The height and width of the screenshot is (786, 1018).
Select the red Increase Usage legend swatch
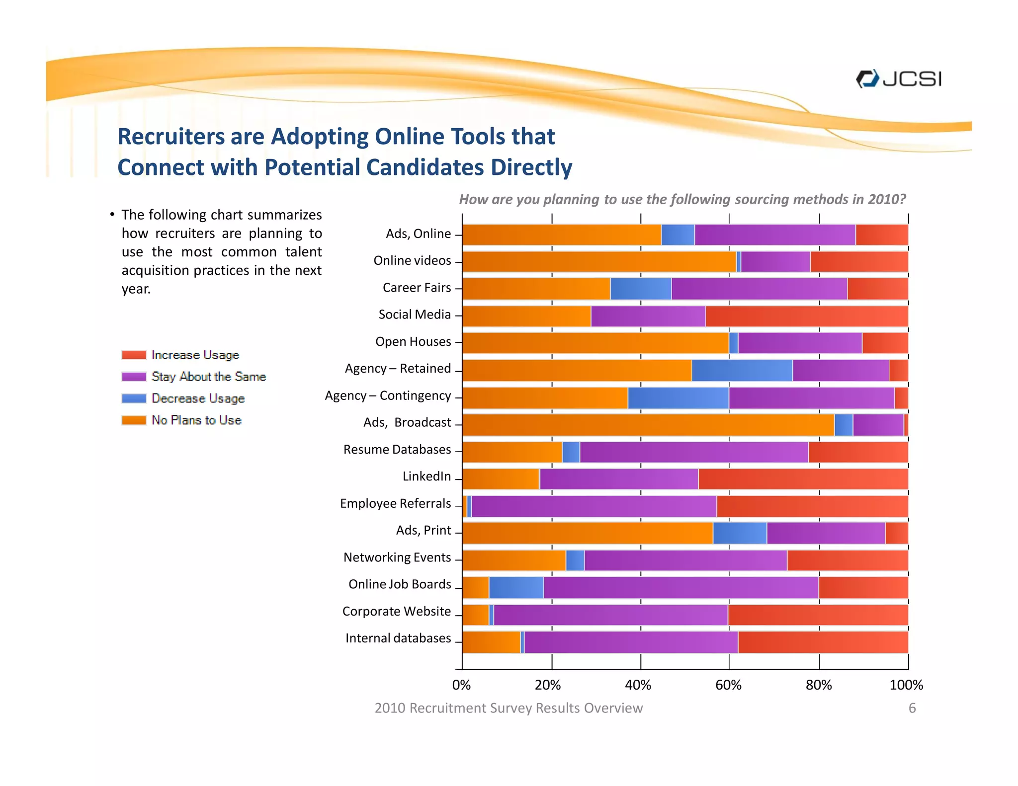click(134, 355)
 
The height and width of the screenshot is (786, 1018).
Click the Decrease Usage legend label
click(198, 398)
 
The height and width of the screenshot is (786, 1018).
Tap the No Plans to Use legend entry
click(182, 420)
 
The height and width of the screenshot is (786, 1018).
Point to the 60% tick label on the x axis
click(728, 685)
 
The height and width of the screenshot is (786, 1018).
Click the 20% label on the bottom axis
click(548, 685)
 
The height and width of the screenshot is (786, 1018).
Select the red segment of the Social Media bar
click(806, 316)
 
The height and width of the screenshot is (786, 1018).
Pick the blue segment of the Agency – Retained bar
click(742, 371)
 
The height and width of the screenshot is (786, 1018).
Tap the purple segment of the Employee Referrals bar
click(594, 506)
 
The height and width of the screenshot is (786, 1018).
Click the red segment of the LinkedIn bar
click(803, 479)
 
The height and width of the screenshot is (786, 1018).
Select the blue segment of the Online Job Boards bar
click(516, 587)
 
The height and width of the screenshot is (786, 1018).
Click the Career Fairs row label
click(417, 288)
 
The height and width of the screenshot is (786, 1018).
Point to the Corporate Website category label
click(396, 611)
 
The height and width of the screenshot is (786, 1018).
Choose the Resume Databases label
click(397, 450)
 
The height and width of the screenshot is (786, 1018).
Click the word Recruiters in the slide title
click(170, 137)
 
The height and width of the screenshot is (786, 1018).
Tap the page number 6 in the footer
click(912, 708)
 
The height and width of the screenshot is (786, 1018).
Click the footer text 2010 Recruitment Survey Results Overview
click(508, 708)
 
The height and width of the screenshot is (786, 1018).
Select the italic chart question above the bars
click(682, 199)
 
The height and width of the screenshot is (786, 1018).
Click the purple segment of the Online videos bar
click(775, 262)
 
